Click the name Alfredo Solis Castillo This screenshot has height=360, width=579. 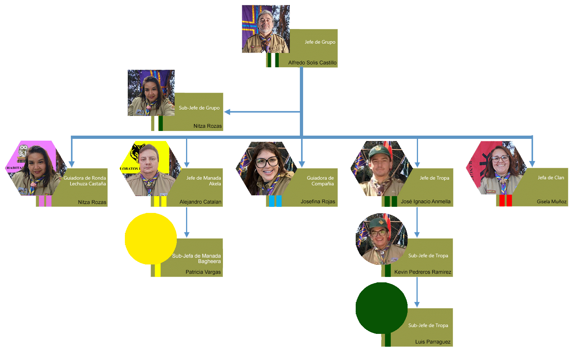pyautogui.click(x=312, y=63)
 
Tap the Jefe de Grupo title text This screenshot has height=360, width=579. pyautogui.click(x=320, y=42)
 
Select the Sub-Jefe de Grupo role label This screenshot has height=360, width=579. pyautogui.click(x=199, y=108)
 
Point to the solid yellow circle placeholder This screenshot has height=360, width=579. pyautogui.click(x=151, y=238)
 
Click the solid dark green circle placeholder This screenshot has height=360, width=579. pyautogui.click(x=381, y=308)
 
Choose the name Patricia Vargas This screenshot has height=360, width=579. pyautogui.click(x=203, y=272)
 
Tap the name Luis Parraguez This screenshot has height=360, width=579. pyautogui.click(x=433, y=342)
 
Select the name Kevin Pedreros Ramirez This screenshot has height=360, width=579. pyautogui.click(x=423, y=272)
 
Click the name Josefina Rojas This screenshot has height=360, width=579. pyautogui.click(x=318, y=201)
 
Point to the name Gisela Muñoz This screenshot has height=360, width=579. pyautogui.click(x=551, y=201)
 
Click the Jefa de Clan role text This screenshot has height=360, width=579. pyautogui.click(x=551, y=177)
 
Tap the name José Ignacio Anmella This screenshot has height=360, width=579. pyautogui.click(x=425, y=201)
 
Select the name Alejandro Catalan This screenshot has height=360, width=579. pyautogui.click(x=200, y=202)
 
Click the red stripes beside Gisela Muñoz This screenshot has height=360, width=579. pyautogui.click(x=505, y=200)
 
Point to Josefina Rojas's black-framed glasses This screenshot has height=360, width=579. pyautogui.click(x=266, y=162)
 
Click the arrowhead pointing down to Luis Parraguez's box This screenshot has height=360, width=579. pyautogui.click(x=417, y=304)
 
